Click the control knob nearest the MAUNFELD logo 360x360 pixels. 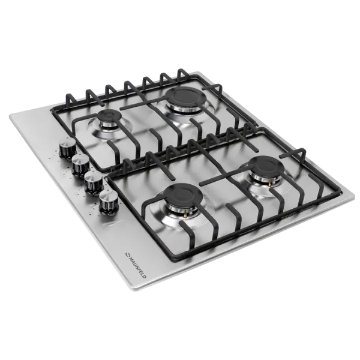[x=109, y=202]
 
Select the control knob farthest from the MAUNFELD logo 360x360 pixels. [x=67, y=148]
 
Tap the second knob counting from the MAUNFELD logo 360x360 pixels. [x=94, y=183]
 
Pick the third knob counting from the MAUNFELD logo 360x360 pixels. [x=80, y=166]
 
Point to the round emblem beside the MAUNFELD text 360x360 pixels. [x=127, y=254]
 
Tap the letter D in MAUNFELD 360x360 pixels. [x=144, y=277]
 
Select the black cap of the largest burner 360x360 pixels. [x=186, y=97]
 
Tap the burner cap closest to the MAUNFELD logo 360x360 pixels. [x=183, y=194]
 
